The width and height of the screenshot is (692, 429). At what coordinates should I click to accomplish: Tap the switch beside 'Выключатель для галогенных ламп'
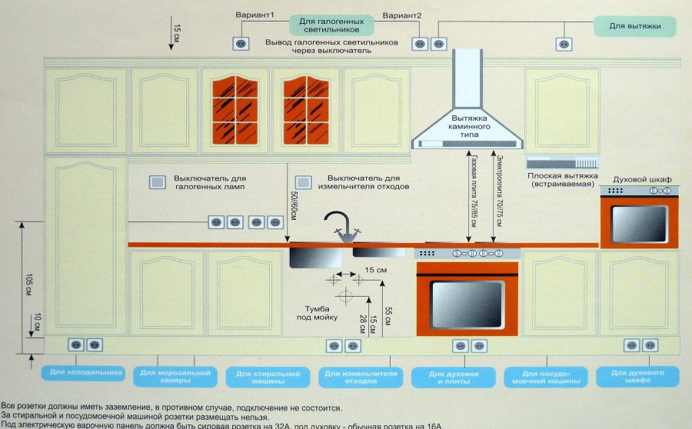point(158,182)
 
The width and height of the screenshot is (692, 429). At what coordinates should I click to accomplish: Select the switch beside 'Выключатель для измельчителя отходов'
point(304,182)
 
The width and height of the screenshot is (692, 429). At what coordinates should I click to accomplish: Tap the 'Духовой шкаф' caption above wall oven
point(641,178)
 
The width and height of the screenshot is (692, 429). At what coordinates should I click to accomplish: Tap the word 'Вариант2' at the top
point(402,15)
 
